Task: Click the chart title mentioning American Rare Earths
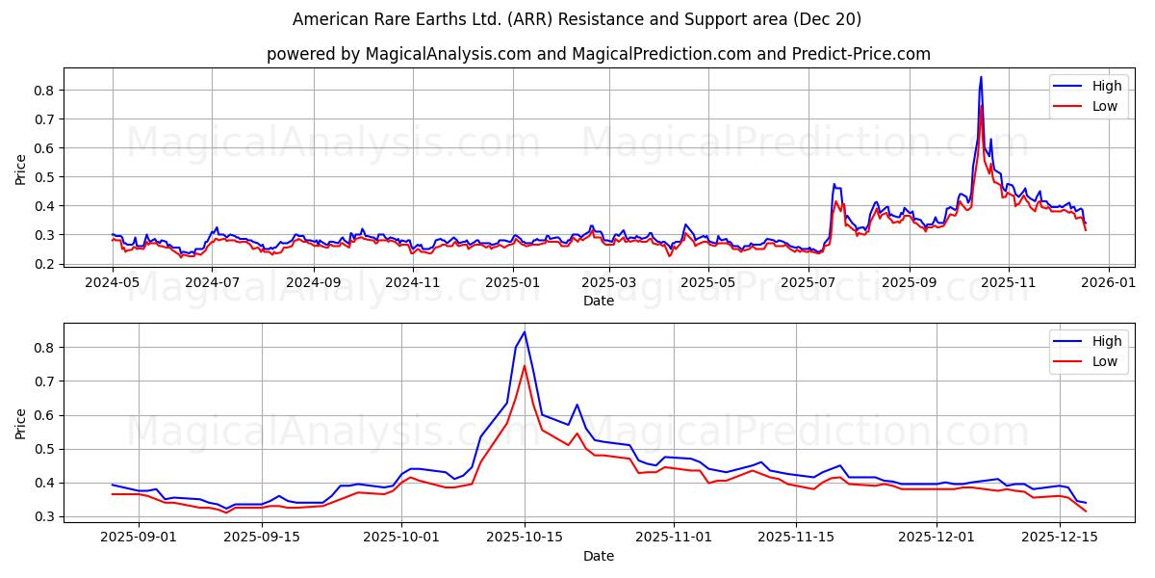[x=577, y=19]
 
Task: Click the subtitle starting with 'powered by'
[x=598, y=54]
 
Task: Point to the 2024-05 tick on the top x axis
[x=114, y=283]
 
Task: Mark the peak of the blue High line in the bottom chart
[x=525, y=332]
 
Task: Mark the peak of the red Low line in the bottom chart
[x=525, y=365]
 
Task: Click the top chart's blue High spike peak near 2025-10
[x=981, y=77]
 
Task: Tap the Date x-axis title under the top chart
[x=598, y=301]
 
